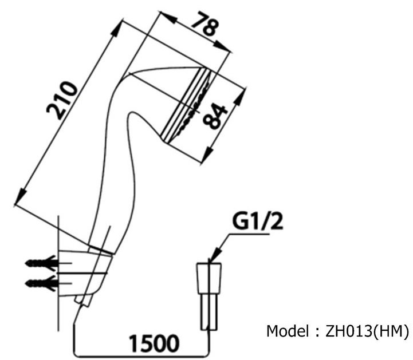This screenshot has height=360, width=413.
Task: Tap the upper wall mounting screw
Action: click(x=42, y=264)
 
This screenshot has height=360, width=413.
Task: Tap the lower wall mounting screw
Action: click(x=42, y=282)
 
